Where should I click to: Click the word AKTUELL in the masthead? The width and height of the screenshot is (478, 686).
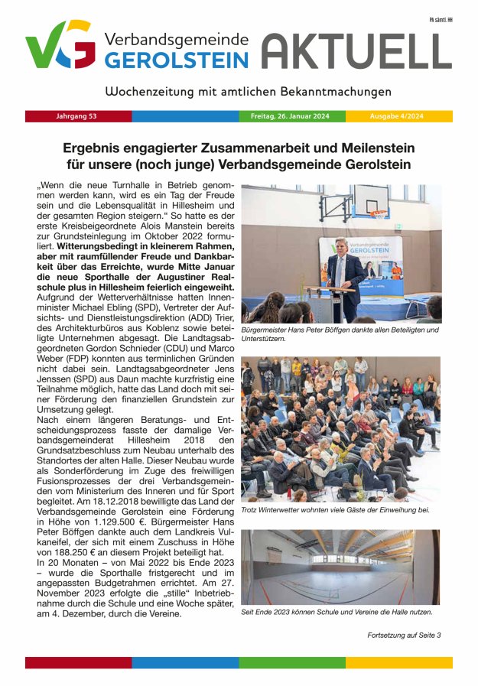(x=356, y=51)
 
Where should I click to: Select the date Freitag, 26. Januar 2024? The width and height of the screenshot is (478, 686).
(x=290, y=117)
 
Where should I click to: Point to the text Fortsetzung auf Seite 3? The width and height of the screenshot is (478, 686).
(x=403, y=635)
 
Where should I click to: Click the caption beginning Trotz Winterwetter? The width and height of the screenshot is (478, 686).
(x=335, y=509)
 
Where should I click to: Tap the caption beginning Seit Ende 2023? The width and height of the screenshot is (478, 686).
(x=337, y=611)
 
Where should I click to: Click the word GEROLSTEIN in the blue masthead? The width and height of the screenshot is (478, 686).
(x=176, y=60)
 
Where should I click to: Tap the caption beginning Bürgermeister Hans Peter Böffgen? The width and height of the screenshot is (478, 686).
(x=340, y=333)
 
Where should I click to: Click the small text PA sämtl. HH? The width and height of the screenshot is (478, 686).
(x=440, y=19)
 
